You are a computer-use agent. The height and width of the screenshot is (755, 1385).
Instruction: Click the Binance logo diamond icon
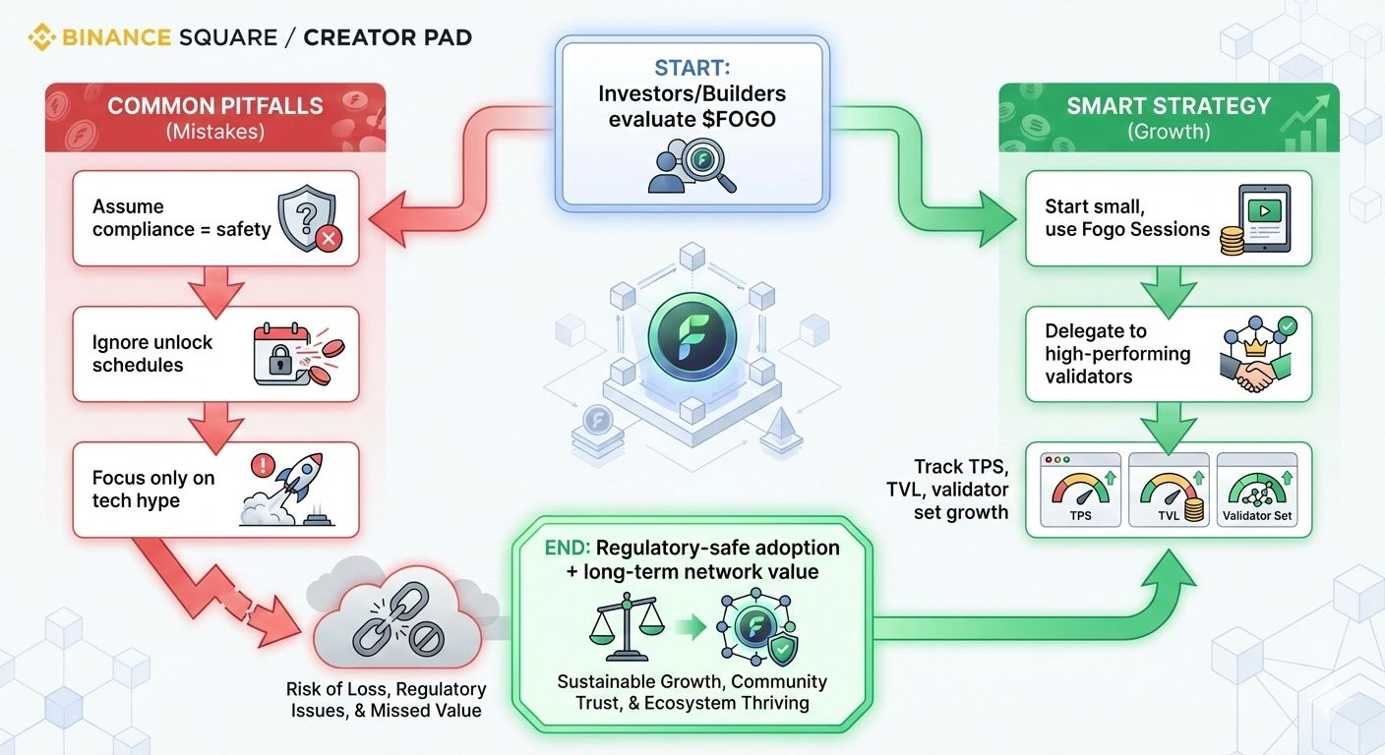coord(41,38)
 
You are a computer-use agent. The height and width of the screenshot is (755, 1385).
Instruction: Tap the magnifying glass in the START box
coord(707,161)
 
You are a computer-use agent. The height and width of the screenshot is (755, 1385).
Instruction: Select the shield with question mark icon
coord(308,221)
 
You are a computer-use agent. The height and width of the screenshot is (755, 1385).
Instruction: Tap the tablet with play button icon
coord(1261,220)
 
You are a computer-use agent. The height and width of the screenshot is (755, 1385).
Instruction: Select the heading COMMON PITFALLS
coord(214,106)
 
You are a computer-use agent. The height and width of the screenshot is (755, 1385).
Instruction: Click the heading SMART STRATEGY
coord(1169,106)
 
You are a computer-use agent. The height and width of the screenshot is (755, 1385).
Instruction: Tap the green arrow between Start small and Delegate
coord(1168,286)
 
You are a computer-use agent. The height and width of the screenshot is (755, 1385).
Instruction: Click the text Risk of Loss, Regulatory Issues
coord(387,699)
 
